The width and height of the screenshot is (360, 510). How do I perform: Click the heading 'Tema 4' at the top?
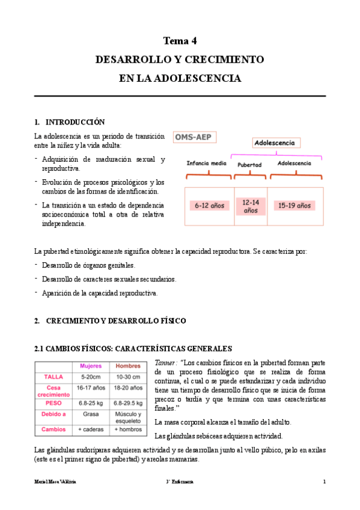(180, 41)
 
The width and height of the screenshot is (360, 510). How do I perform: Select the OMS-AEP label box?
(196, 137)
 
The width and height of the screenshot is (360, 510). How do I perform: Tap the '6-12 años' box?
(209, 206)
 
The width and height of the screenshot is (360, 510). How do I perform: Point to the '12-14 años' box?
(250, 206)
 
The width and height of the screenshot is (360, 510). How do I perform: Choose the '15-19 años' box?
(294, 206)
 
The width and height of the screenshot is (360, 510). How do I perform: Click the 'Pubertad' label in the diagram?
(249, 164)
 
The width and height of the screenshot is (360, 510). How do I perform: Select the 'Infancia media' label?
(206, 163)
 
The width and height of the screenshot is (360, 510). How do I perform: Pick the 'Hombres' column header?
(127, 366)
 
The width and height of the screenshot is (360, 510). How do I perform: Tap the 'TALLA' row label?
(53, 376)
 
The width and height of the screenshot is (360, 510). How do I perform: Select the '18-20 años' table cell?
(127, 388)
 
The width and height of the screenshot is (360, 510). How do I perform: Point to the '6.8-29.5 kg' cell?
(127, 404)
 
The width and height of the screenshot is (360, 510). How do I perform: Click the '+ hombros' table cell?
(127, 429)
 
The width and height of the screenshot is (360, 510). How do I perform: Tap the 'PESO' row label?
(53, 404)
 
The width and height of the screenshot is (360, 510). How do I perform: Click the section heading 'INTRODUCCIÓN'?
(75, 121)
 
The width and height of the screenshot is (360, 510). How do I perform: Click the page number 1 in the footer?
(324, 482)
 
